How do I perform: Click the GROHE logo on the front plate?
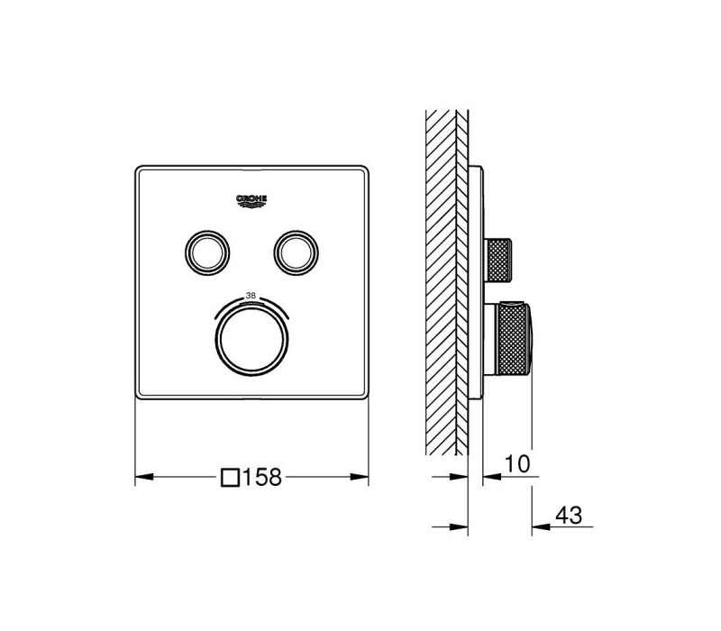[x=251, y=201]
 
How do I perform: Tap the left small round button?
[x=207, y=252]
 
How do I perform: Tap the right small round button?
[x=297, y=252]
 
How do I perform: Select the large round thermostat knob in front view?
[x=251, y=340]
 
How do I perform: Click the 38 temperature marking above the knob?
[x=251, y=296]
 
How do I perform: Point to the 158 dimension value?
[x=261, y=478]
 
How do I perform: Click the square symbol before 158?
[x=230, y=478]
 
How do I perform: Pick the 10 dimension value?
[x=517, y=463]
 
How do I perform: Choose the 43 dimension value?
[x=569, y=515]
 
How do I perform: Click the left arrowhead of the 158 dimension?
[x=144, y=477]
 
